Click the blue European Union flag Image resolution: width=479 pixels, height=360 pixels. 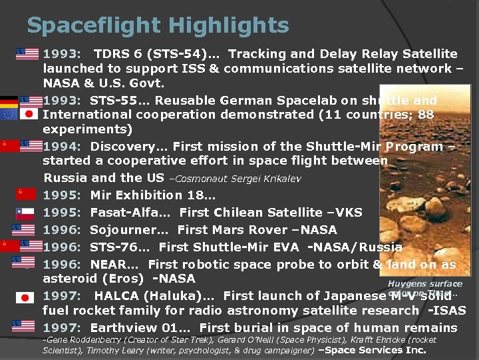(9, 114)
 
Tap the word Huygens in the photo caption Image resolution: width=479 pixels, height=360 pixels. (405, 283)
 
